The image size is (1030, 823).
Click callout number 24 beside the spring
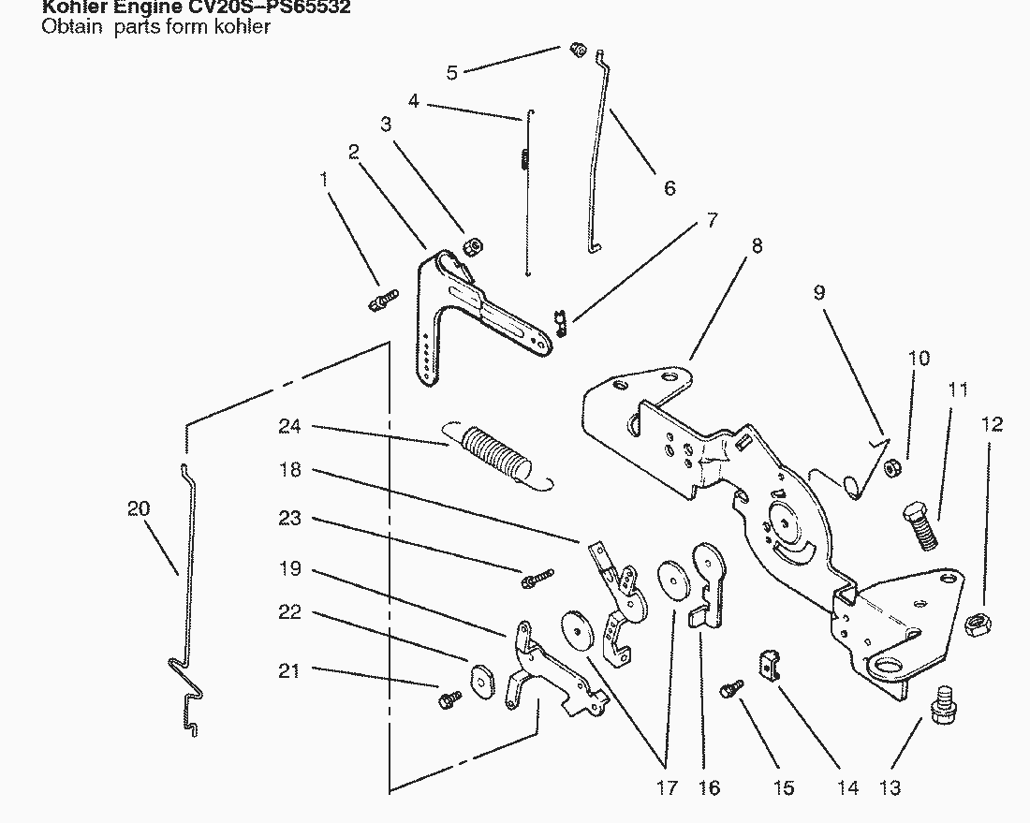(x=289, y=426)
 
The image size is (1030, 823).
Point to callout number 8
(x=757, y=245)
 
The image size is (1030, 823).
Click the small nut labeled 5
(x=578, y=50)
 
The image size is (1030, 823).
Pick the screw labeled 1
(x=380, y=301)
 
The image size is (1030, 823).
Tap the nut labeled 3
(x=473, y=246)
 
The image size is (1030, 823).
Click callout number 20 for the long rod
(x=139, y=508)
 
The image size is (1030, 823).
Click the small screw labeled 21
(x=449, y=698)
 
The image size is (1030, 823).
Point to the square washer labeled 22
(x=481, y=681)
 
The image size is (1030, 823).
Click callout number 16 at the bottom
(x=710, y=787)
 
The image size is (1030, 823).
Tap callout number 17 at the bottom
(x=666, y=787)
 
